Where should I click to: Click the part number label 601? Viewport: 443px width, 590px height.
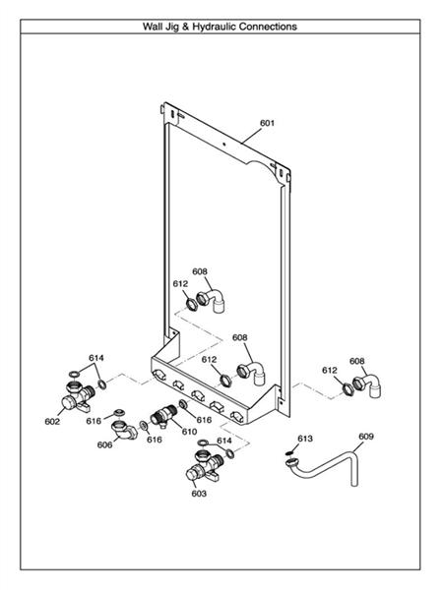point(267,124)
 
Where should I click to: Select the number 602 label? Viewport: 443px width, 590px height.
point(52,421)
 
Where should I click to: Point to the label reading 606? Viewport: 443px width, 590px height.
point(105,444)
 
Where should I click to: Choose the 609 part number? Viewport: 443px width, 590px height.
point(365,436)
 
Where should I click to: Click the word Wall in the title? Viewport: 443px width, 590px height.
point(157,27)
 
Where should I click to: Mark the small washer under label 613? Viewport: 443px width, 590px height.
point(292,453)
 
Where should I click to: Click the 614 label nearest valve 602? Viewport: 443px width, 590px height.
point(95,358)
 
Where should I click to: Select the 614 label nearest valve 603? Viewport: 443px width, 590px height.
point(224,441)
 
